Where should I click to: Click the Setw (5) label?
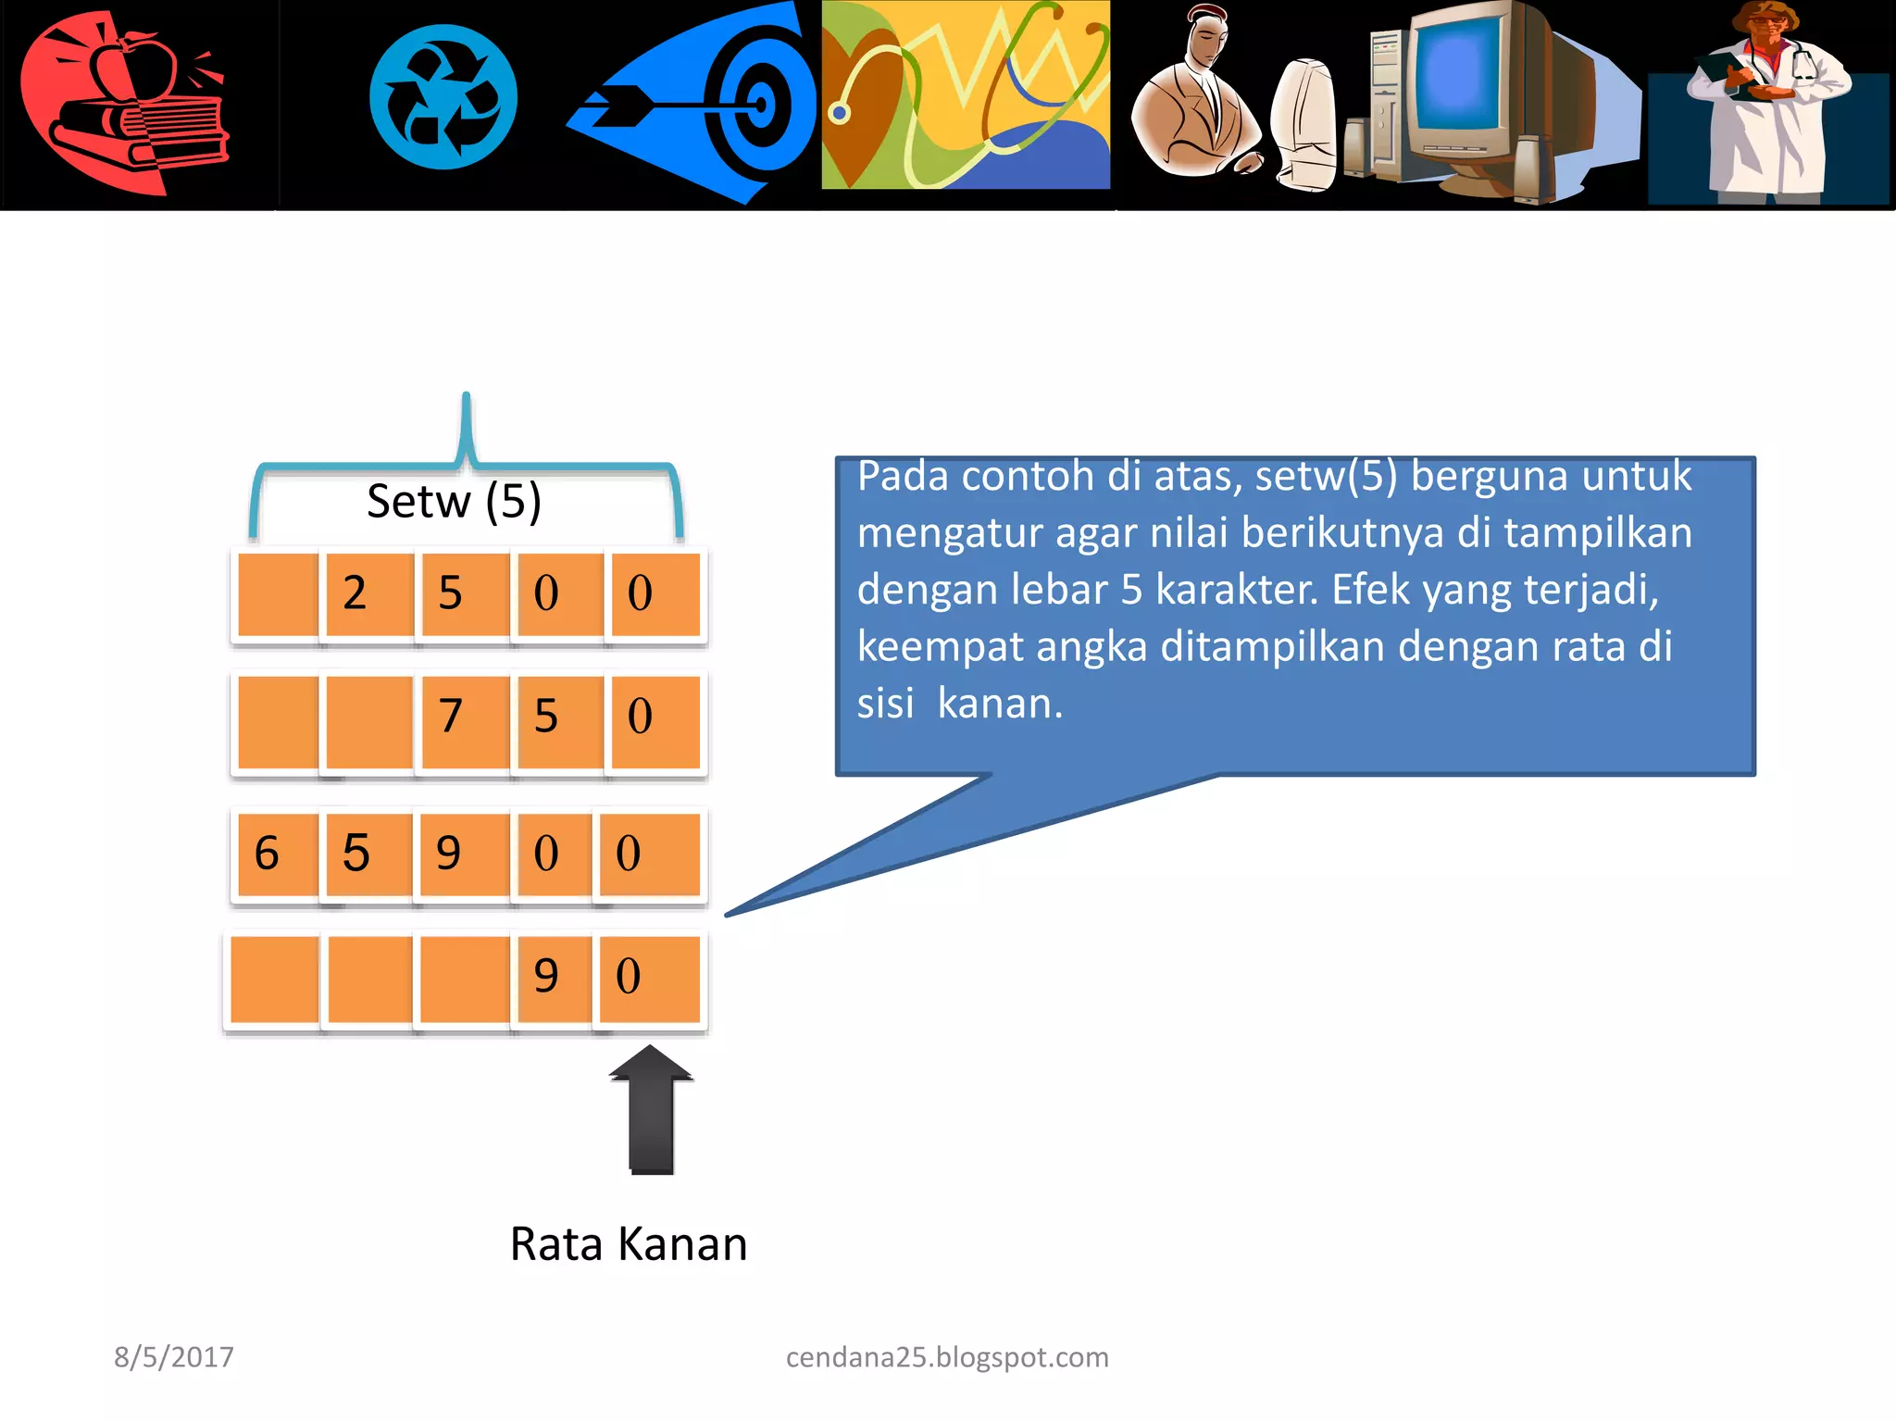click(454, 502)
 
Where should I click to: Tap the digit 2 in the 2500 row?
click(355, 593)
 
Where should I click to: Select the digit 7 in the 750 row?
click(450, 716)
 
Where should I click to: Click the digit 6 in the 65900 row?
click(267, 853)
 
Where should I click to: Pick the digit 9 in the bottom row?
click(546, 976)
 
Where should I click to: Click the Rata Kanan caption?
click(629, 1244)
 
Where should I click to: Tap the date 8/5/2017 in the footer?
click(174, 1357)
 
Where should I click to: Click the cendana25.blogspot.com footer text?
click(947, 1357)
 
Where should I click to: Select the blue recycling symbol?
click(443, 97)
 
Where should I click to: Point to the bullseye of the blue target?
click(761, 105)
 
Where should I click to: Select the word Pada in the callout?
click(903, 477)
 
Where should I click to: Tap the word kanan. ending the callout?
click(1000, 704)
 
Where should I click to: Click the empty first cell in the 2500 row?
click(278, 593)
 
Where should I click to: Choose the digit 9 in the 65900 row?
click(449, 853)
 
